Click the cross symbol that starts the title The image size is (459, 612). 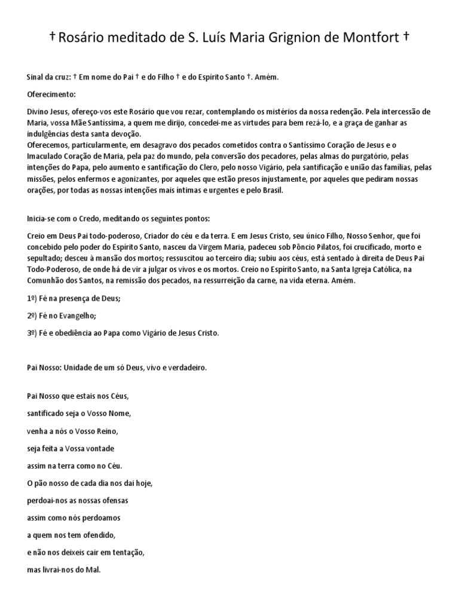[x=53, y=37]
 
